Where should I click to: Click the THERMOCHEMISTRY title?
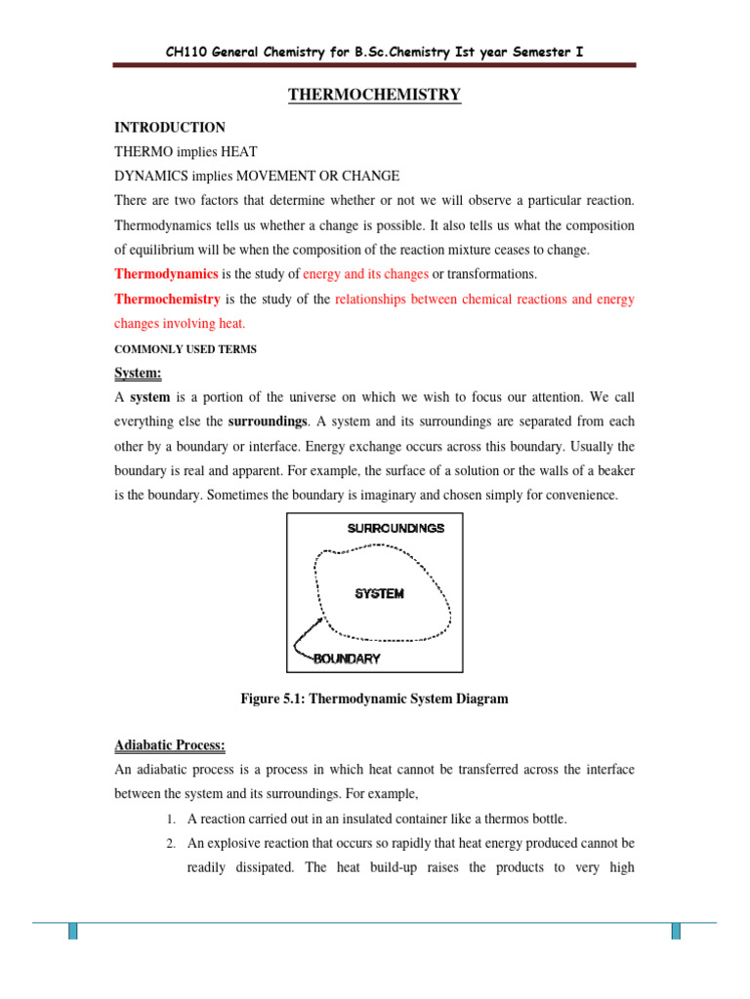pos(374,95)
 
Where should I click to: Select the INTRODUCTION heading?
pos(170,128)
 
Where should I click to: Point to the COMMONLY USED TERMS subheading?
pos(186,349)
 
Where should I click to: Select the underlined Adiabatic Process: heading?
pos(170,746)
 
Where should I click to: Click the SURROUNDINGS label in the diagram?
pos(396,528)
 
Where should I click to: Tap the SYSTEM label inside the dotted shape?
pos(379,593)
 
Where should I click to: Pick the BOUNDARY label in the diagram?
pos(347,659)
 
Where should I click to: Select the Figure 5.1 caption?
pos(374,699)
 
